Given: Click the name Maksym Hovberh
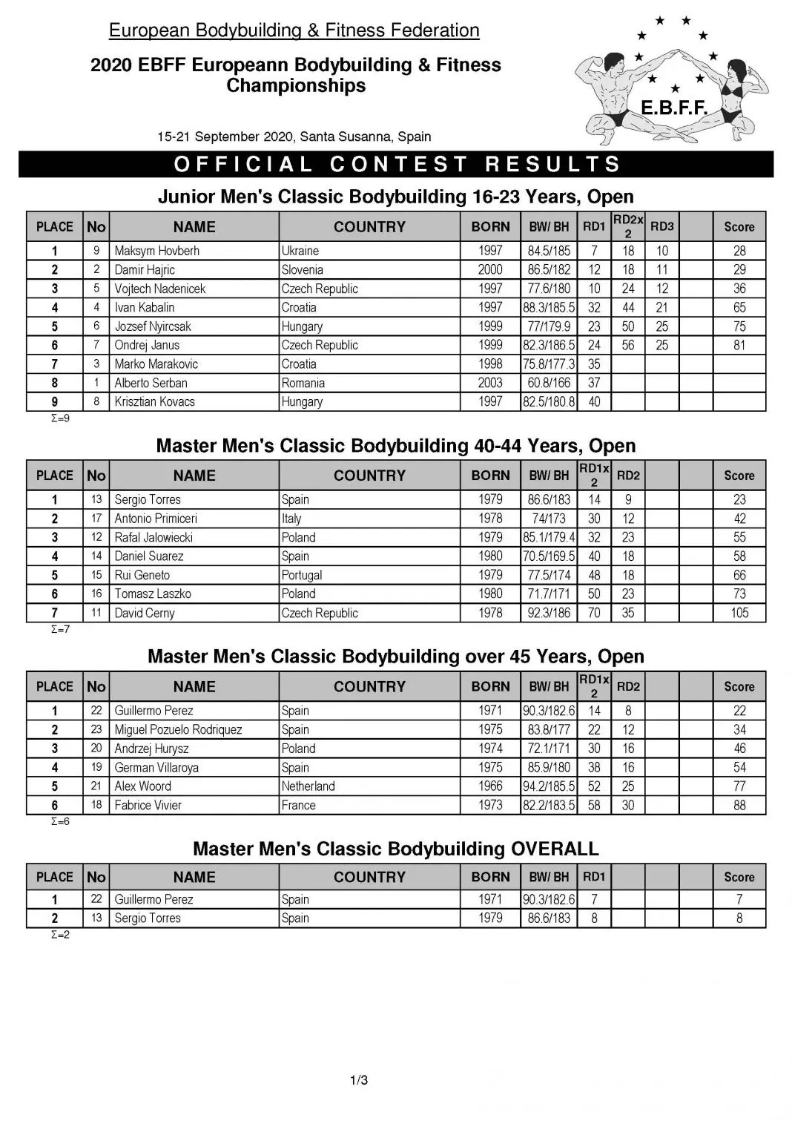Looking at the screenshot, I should coord(156,251).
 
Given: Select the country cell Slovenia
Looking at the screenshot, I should coord(302,270).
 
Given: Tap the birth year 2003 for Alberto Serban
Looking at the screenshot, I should coord(490,383).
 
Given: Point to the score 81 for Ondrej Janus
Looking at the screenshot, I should coord(739,345).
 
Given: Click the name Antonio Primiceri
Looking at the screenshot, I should coord(156,519).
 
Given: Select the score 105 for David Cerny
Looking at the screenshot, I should coord(739,613).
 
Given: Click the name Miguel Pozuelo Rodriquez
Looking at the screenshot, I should coord(178,729).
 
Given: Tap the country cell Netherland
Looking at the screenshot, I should coord(308,786).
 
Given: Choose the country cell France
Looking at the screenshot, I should coord(298,805).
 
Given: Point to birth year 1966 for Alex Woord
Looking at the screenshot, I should coord(490,786).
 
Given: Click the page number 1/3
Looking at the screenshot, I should coord(359,1080).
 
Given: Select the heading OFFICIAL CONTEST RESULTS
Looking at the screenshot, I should coord(396,164).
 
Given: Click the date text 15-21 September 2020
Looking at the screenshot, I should coord(226,137).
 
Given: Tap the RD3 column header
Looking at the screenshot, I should coord(661,227).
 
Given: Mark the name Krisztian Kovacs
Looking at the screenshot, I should coord(154,402).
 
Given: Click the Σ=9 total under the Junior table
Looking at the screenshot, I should coord(60,418).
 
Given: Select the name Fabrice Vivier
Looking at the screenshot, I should coord(148,805).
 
